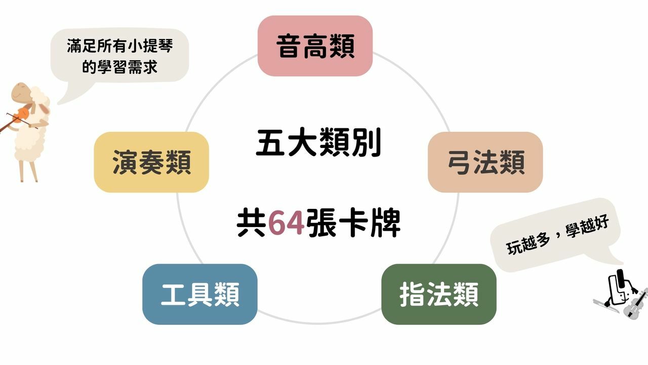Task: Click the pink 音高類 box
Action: pos(315,46)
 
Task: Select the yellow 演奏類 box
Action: pos(151,162)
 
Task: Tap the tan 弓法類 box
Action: pos(485,162)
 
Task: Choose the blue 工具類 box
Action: pos(199,294)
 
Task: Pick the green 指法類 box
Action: pos(438,294)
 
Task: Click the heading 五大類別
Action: pos(318,143)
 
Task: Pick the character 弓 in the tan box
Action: pos(459,162)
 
